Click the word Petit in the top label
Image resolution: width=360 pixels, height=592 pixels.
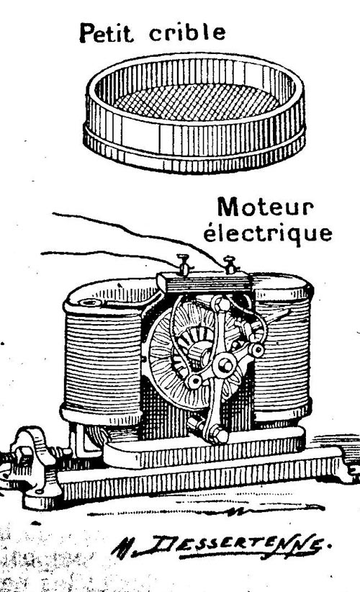107,33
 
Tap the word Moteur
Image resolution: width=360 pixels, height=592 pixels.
265,207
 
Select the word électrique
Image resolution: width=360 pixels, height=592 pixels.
268,233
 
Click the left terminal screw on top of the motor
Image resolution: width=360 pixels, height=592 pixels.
184,264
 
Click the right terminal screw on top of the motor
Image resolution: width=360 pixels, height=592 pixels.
230,264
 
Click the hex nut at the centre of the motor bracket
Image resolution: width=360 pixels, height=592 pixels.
225,365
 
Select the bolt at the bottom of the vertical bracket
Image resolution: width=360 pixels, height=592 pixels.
218,434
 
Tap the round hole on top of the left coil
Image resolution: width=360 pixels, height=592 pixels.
91,302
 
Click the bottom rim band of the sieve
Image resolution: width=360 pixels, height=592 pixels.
194,154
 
